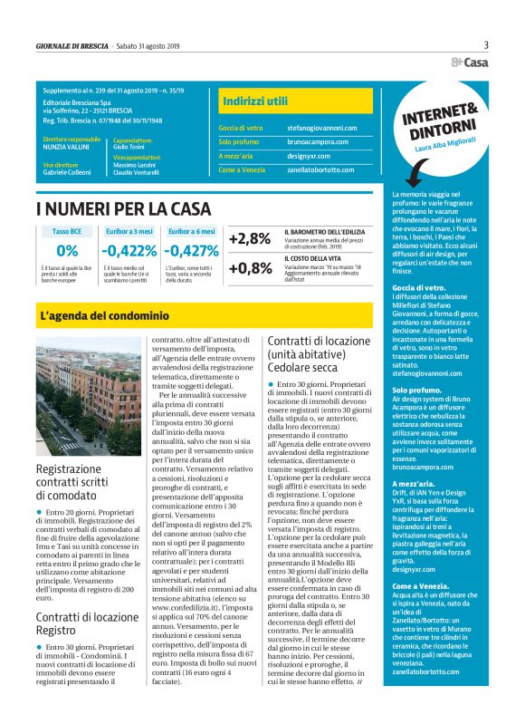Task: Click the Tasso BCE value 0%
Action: tap(67, 251)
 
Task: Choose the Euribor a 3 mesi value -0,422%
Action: tap(129, 251)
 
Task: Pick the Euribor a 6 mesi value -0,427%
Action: tap(191, 251)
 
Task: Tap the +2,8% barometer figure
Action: tap(251, 239)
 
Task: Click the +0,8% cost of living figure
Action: tap(251, 268)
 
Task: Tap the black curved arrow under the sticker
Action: tap(415, 171)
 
